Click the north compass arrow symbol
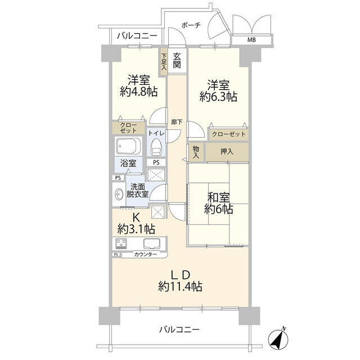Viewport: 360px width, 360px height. [280, 337]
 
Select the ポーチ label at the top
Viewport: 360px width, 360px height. [191, 25]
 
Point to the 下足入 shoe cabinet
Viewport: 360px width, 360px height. [164, 61]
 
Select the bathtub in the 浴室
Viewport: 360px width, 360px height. [130, 147]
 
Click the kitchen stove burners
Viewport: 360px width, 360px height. [121, 244]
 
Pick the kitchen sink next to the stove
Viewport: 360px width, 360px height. [152, 244]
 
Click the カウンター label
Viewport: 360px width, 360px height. [145, 255]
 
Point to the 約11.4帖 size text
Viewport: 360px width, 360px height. [180, 286]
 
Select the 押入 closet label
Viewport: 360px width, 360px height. [227, 151]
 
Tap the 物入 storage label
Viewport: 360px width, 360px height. [196, 151]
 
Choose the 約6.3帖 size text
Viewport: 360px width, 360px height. [218, 97]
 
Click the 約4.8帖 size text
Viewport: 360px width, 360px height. [138, 91]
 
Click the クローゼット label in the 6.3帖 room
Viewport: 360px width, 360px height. [228, 134]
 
